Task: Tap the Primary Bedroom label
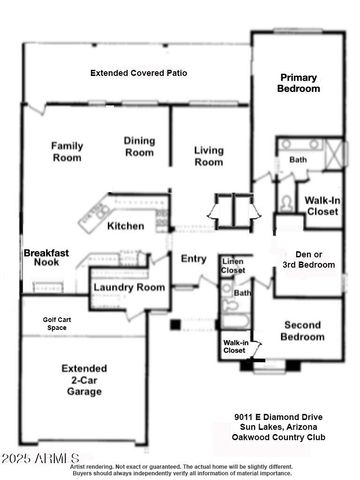(299, 83)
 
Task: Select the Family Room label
(66, 151)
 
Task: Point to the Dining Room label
(139, 146)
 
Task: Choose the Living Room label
(207, 156)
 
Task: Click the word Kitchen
(126, 225)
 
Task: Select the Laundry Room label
(128, 287)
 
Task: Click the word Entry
(192, 259)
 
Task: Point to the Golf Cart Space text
(41, 326)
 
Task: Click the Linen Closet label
(233, 265)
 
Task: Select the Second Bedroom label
(303, 331)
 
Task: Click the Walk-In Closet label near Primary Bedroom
(324, 206)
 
